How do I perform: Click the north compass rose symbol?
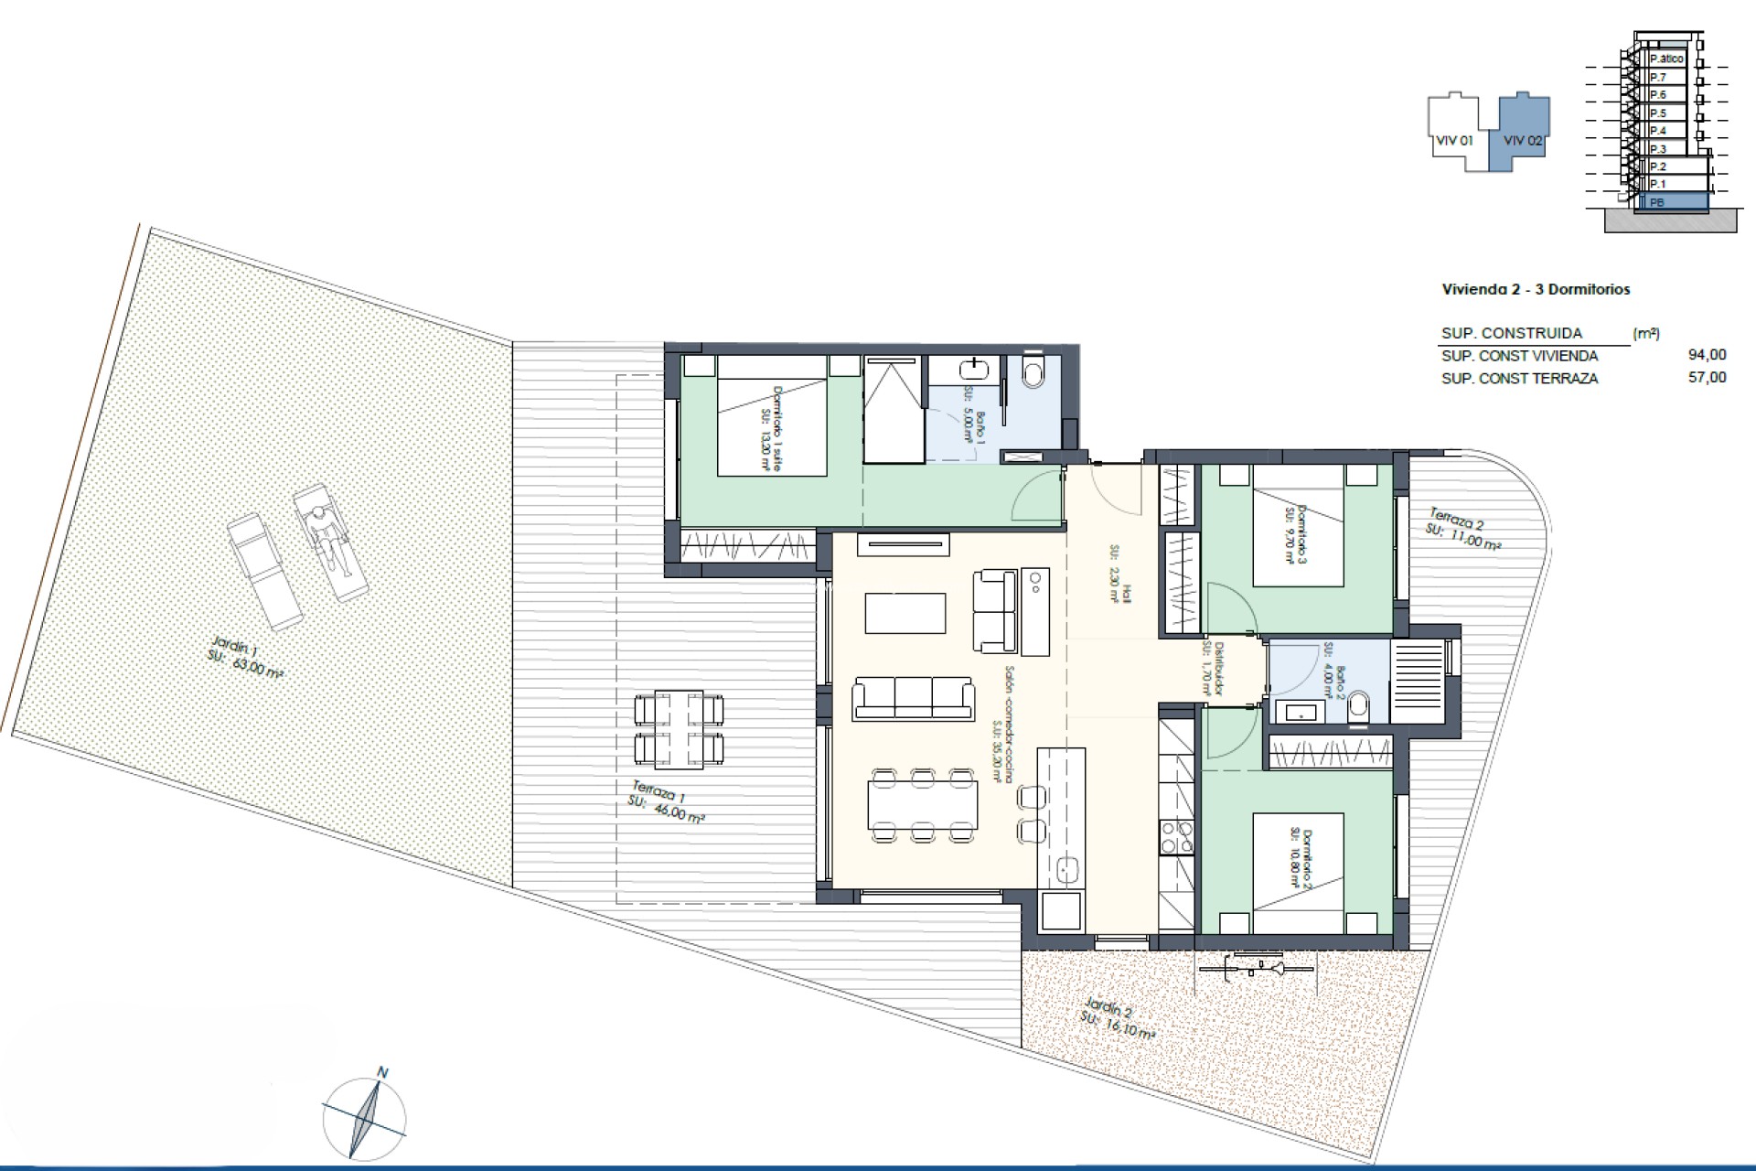[364, 1117]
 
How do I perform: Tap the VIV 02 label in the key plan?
[1523, 141]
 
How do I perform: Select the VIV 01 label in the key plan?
[1454, 141]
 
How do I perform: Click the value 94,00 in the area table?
[1707, 356]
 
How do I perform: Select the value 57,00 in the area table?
[1707, 378]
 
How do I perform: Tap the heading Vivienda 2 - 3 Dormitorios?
[1536, 290]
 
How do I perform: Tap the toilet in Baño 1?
[1034, 372]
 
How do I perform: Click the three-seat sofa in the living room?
[913, 699]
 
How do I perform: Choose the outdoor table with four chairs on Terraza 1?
[679, 729]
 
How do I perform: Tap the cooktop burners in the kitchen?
[1176, 836]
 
